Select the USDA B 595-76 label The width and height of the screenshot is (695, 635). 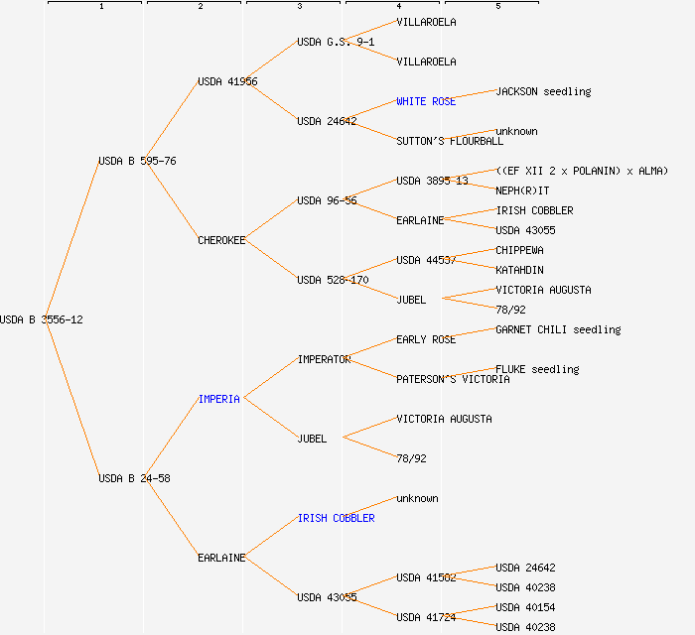click(x=137, y=161)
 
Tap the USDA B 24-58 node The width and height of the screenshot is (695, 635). click(x=134, y=478)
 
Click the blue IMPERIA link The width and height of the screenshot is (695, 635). click(x=219, y=399)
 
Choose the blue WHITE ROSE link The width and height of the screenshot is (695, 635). click(x=426, y=101)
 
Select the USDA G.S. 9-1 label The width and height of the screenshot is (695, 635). click(x=336, y=42)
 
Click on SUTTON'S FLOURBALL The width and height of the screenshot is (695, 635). click(x=450, y=141)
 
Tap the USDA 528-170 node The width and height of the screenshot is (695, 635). click(x=333, y=280)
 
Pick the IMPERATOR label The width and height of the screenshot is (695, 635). click(x=324, y=359)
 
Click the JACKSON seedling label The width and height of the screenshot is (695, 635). click(x=543, y=91)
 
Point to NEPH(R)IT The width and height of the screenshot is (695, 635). click(x=522, y=190)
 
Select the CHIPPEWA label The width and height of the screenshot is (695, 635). click(x=519, y=250)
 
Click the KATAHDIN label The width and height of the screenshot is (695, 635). click(x=519, y=270)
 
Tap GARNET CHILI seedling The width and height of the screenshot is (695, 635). click(x=558, y=329)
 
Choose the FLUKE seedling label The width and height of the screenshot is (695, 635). click(x=537, y=369)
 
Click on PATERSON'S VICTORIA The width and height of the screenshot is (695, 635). click(x=453, y=379)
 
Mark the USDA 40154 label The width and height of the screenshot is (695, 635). click(x=525, y=607)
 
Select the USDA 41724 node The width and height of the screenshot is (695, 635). click(x=426, y=617)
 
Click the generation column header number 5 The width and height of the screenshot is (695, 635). click(x=498, y=7)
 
